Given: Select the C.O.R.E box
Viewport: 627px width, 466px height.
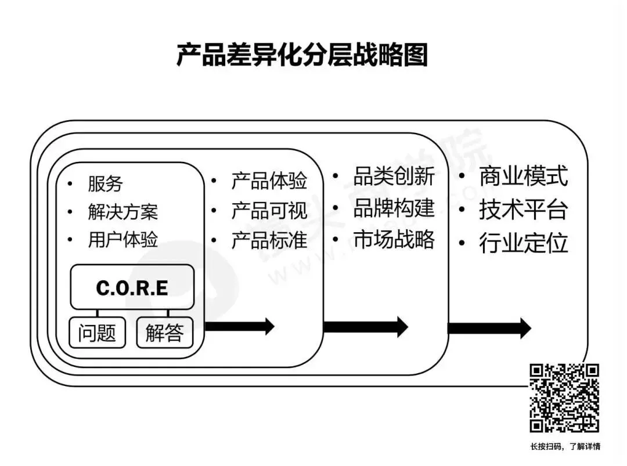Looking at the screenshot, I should [x=132, y=287].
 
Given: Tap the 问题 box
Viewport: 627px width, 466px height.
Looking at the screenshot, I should [x=97, y=333].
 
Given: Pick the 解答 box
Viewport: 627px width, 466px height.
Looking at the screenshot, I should [x=164, y=333].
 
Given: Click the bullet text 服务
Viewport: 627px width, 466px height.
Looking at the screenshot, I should [x=105, y=184].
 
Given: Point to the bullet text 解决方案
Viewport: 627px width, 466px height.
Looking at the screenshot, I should [x=122, y=212].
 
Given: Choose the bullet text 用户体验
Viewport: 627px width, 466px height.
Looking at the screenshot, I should [x=122, y=240].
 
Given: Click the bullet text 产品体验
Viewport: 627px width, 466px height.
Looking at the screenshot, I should [x=269, y=181].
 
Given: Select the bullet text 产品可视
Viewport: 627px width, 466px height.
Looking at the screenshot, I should [x=269, y=211].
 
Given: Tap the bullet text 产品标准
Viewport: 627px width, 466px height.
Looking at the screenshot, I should [x=269, y=240].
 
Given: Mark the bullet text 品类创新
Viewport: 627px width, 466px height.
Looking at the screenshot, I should [x=394, y=176].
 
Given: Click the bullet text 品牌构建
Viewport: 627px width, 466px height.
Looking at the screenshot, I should [x=394, y=208].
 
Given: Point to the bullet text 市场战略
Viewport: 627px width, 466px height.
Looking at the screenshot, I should [x=394, y=239].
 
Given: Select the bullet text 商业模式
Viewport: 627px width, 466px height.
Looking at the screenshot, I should [x=523, y=176].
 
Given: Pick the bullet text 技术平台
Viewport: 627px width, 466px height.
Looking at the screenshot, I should [x=523, y=210].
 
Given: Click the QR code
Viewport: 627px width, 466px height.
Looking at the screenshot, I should [x=564, y=398].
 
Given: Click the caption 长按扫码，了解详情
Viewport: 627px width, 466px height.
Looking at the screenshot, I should [x=565, y=447].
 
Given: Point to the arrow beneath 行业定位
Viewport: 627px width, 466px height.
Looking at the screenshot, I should [x=489, y=328].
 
